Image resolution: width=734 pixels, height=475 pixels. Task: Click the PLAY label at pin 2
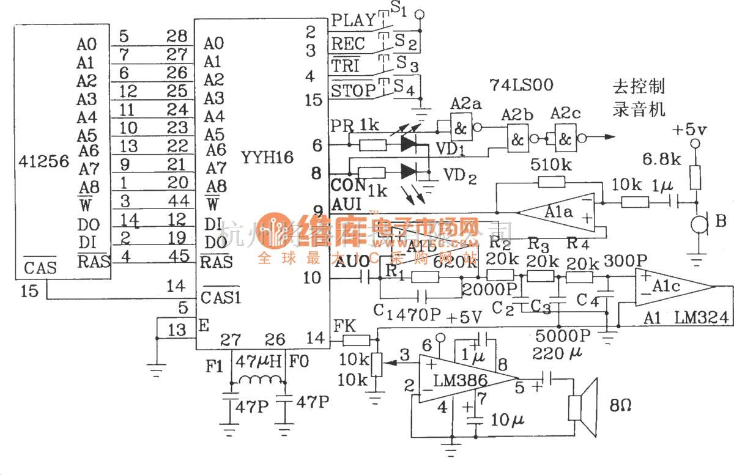pyautogui.click(x=354, y=20)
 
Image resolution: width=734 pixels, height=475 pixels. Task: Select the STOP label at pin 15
pyautogui.click(x=354, y=91)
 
